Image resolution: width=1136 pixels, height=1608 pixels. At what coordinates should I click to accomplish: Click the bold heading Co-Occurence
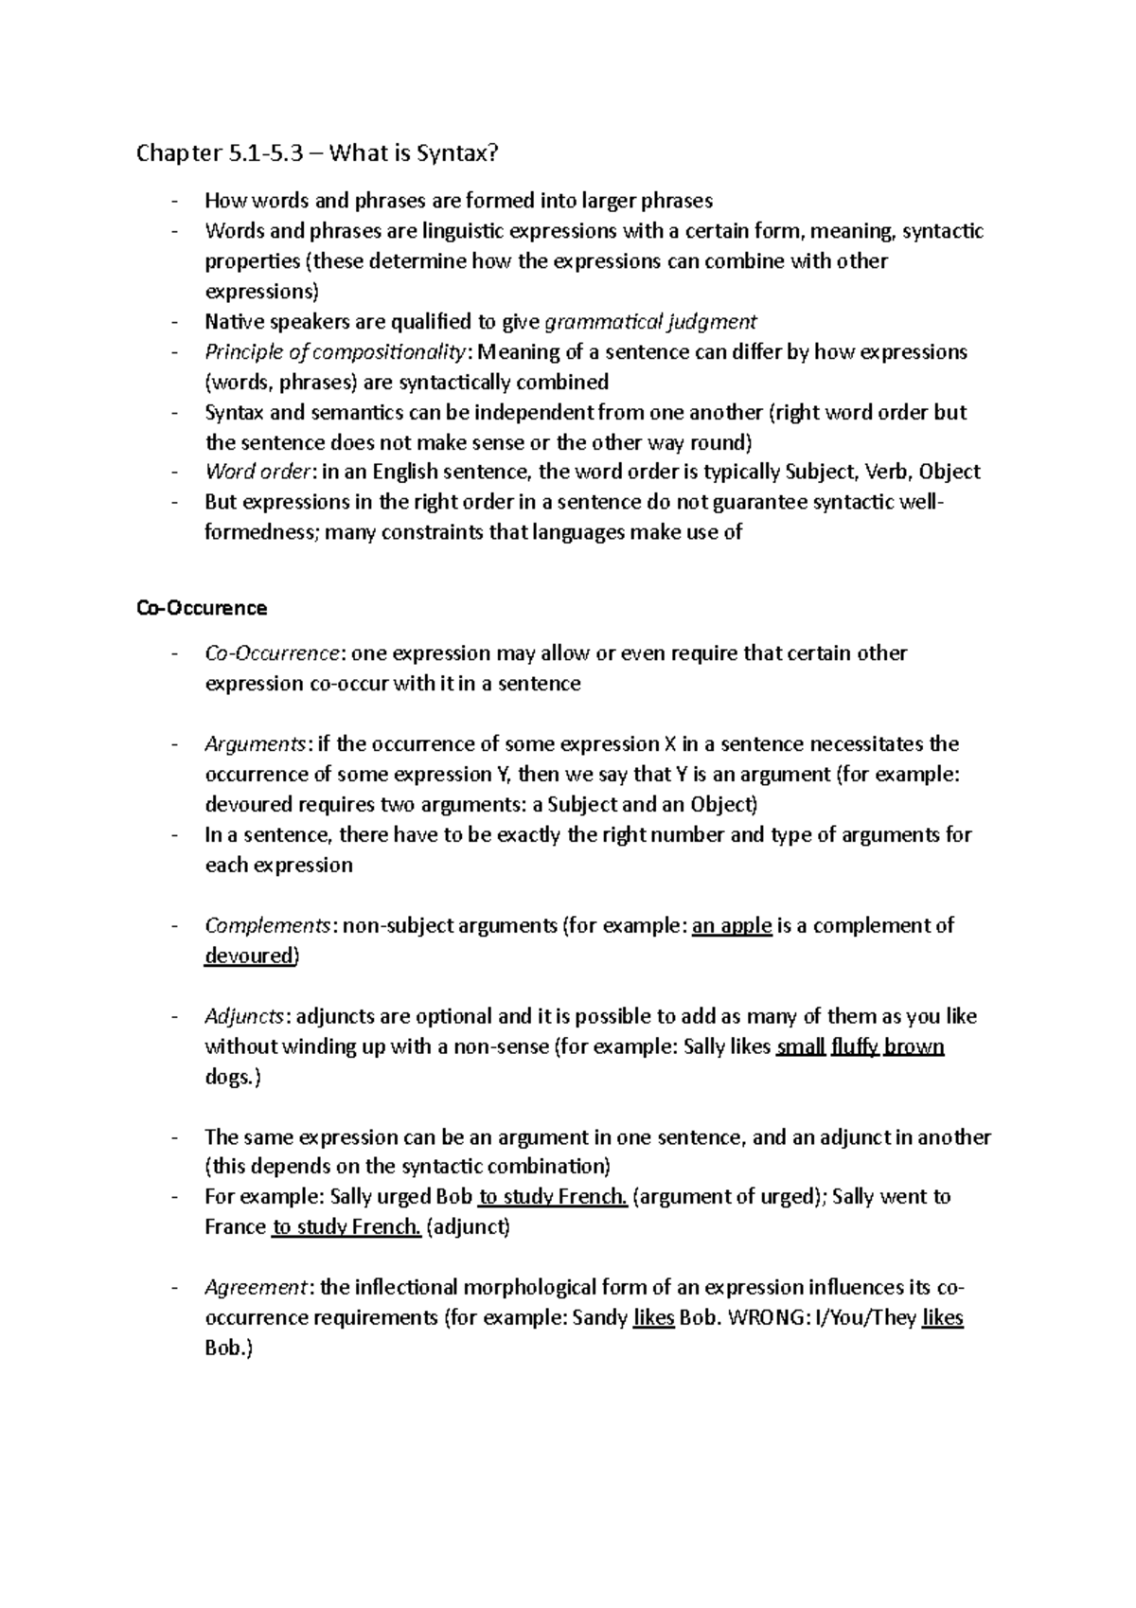[202, 608]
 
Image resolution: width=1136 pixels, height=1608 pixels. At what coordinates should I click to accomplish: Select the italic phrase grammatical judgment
[651, 321]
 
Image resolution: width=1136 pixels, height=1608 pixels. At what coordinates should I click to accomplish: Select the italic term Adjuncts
[243, 1016]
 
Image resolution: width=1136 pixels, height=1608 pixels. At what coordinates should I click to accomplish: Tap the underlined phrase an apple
[732, 925]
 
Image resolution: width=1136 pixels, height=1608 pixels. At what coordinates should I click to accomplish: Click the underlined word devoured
[250, 956]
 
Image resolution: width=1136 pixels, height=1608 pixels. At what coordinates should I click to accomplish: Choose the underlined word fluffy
[855, 1046]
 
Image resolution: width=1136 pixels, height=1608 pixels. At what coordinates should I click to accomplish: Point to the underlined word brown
[914, 1046]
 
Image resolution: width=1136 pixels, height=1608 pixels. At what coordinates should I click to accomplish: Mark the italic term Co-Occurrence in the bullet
[272, 653]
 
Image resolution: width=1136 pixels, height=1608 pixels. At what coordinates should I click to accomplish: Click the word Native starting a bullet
[232, 321]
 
